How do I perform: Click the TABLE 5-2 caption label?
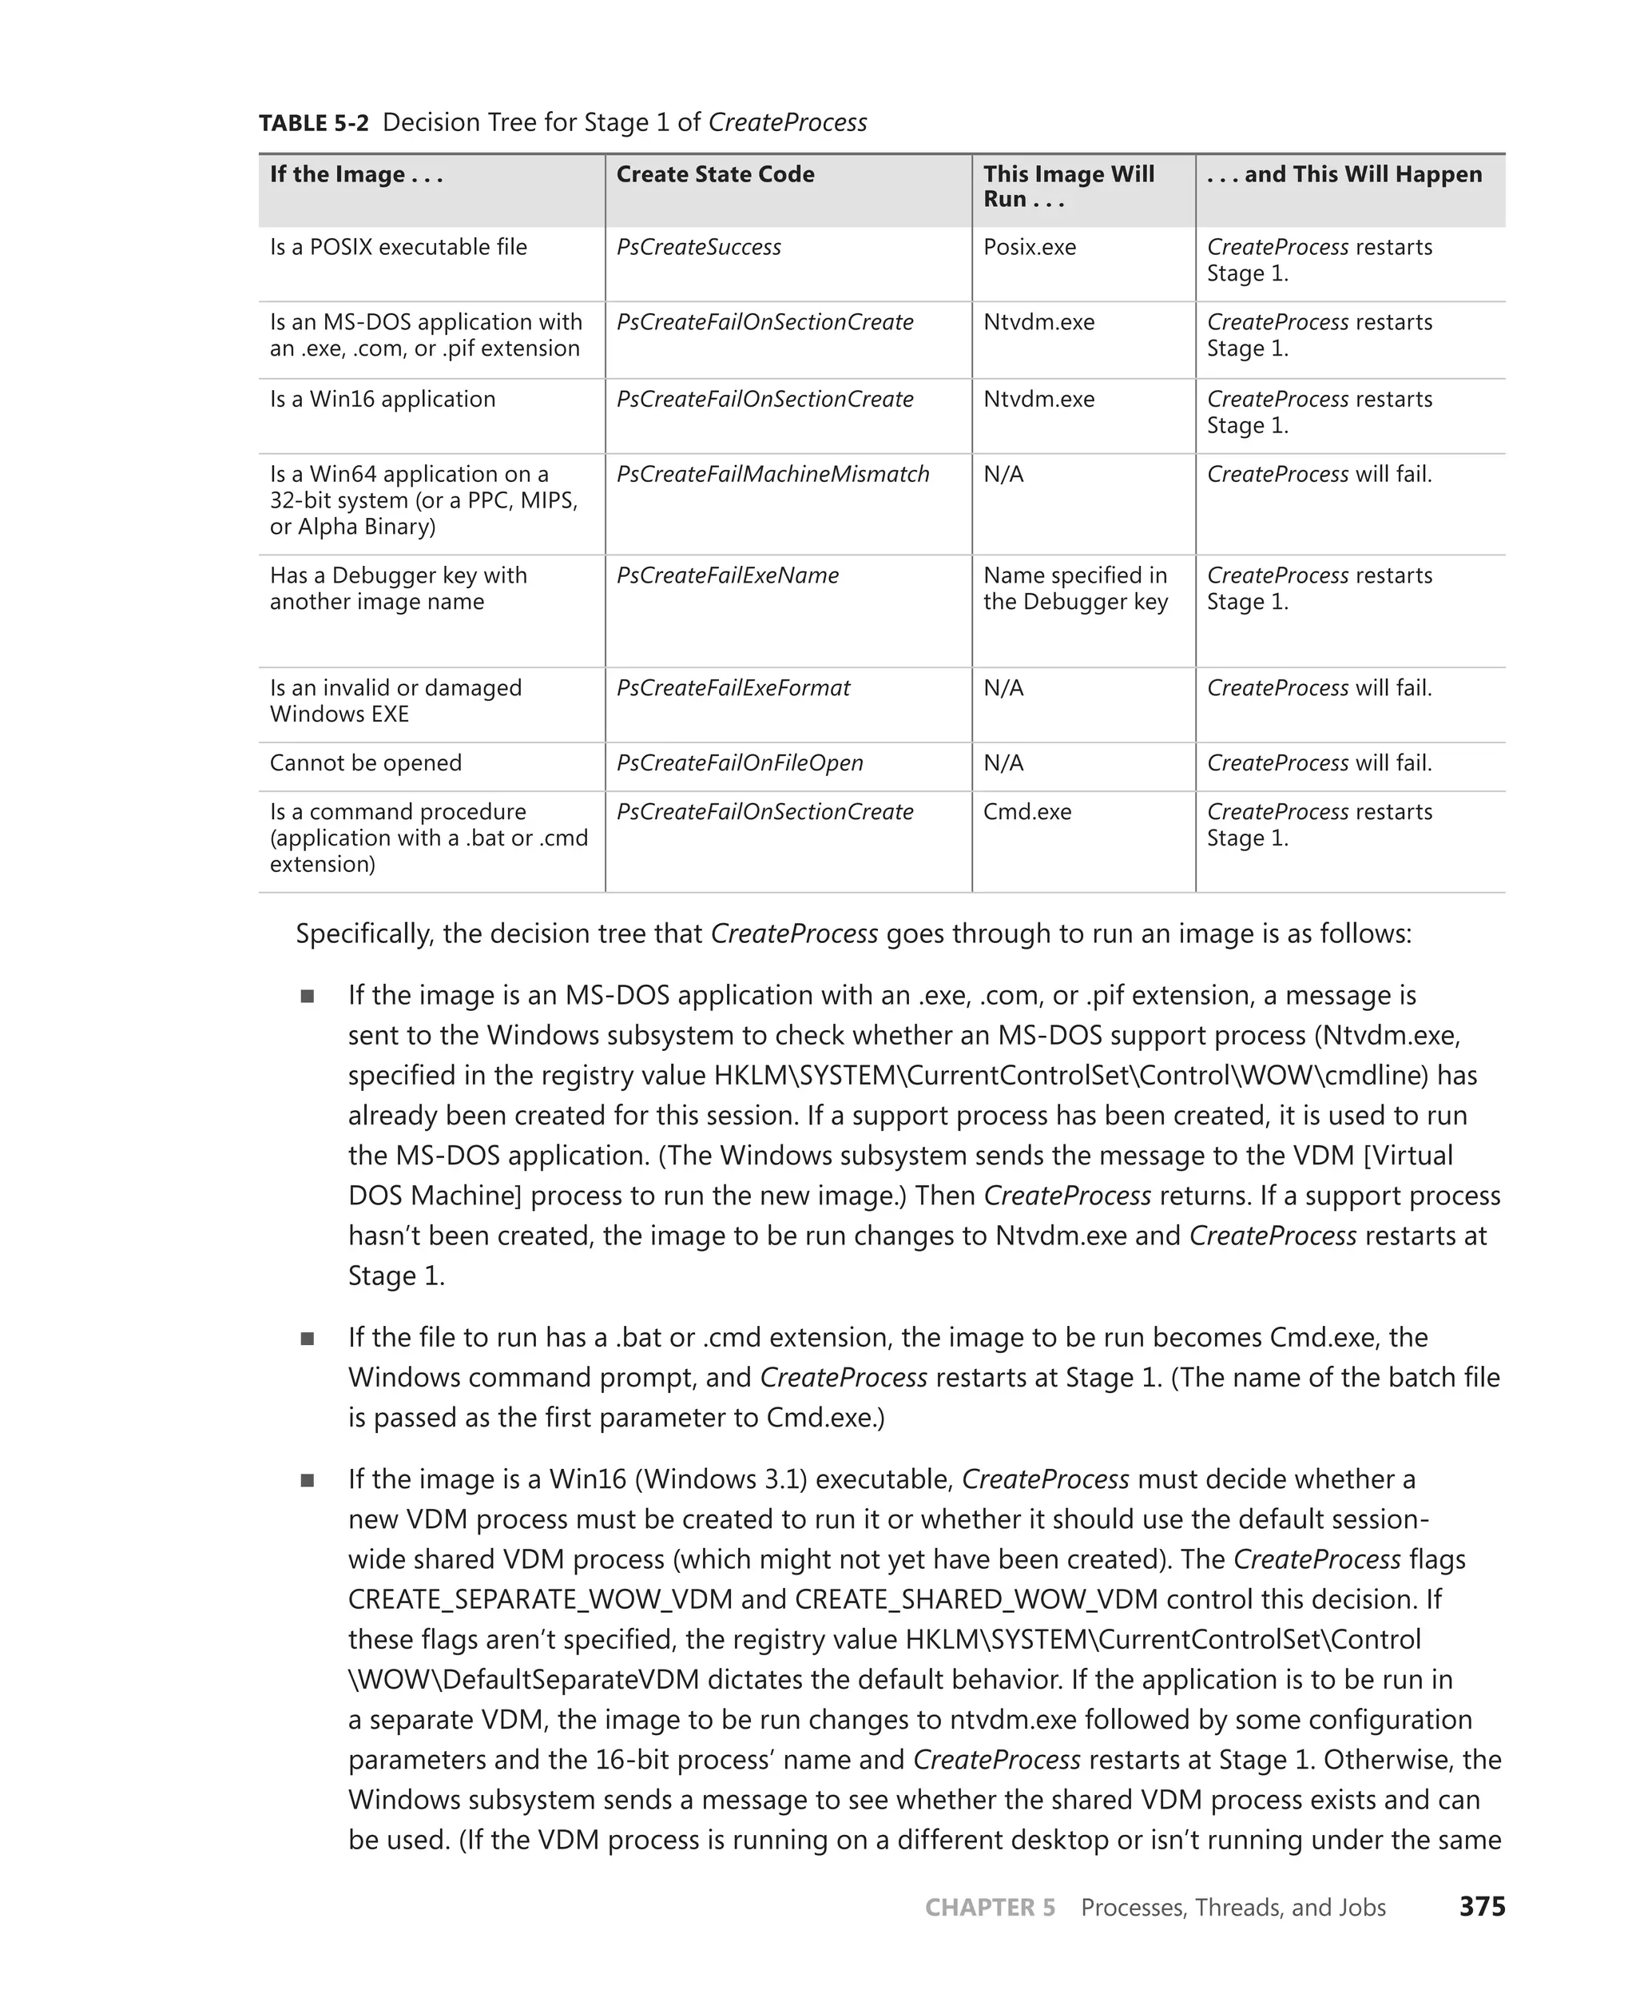[x=314, y=122]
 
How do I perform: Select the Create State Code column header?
[x=714, y=174]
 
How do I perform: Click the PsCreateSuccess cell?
[x=698, y=247]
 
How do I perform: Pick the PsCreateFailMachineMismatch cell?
[x=772, y=474]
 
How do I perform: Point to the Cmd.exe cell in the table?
[x=1027, y=812]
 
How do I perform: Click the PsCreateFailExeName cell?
[x=728, y=575]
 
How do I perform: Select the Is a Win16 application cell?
[x=382, y=399]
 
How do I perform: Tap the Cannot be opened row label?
[x=366, y=762]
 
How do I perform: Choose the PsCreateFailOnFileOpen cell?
[x=740, y=762]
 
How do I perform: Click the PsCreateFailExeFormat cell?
[x=733, y=688]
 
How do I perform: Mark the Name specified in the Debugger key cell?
[x=1075, y=588]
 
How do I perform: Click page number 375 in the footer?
[x=1482, y=1907]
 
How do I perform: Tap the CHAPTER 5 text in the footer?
[x=990, y=1908]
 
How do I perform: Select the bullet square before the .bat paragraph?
[x=308, y=1338]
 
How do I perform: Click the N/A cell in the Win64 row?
[x=1003, y=474]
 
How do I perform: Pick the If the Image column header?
[x=355, y=174]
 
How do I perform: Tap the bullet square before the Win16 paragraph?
[x=308, y=1480]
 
